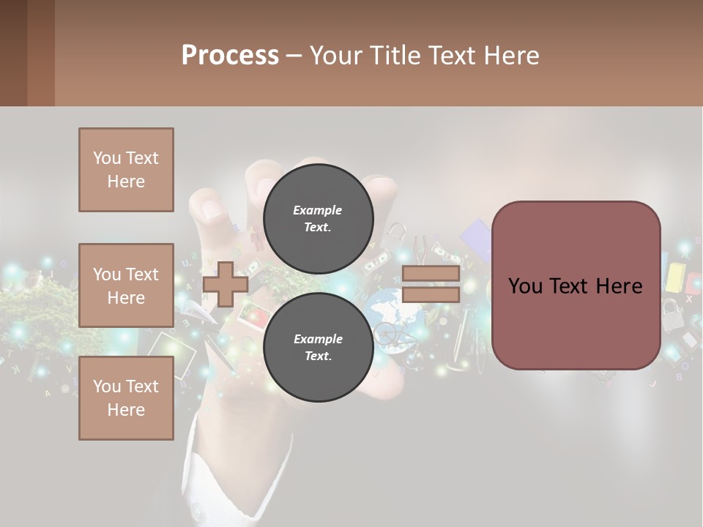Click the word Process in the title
coord(230,55)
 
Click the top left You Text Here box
coord(126,170)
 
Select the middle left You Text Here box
coord(126,285)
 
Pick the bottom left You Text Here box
coord(126,398)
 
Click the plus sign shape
coord(226,284)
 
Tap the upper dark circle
coord(318,219)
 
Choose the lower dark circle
coord(318,348)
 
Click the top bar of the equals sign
coord(431,273)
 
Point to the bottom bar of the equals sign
coord(431,295)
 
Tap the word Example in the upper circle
coord(318,210)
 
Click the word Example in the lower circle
coord(318,339)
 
